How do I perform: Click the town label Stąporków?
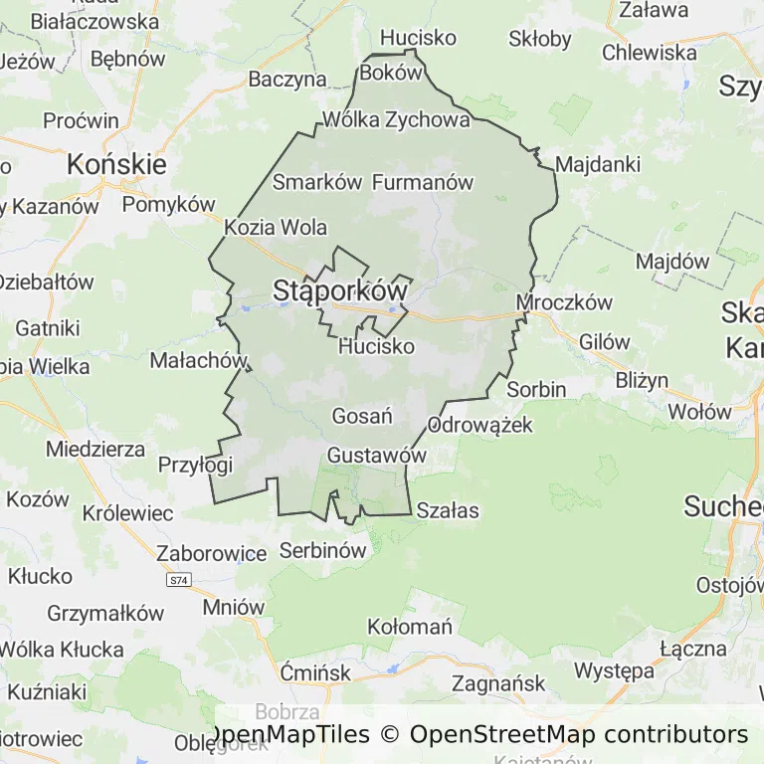point(340,291)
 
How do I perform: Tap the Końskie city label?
point(116,163)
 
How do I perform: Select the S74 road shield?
point(178,579)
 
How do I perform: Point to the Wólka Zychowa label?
point(396,121)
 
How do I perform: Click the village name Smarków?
point(316,182)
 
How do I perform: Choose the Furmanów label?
point(423,182)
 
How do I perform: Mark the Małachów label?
point(197,359)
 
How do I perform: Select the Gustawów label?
point(377,455)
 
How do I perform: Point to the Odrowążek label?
point(480,426)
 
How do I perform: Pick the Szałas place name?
point(448,511)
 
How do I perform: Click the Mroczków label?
point(564,302)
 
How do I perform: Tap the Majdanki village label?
point(598,164)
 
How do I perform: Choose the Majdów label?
point(672,263)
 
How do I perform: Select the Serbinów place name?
point(323,549)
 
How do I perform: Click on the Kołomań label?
point(410,627)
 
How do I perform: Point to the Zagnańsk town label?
point(498,683)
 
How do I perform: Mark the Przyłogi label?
point(195,465)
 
